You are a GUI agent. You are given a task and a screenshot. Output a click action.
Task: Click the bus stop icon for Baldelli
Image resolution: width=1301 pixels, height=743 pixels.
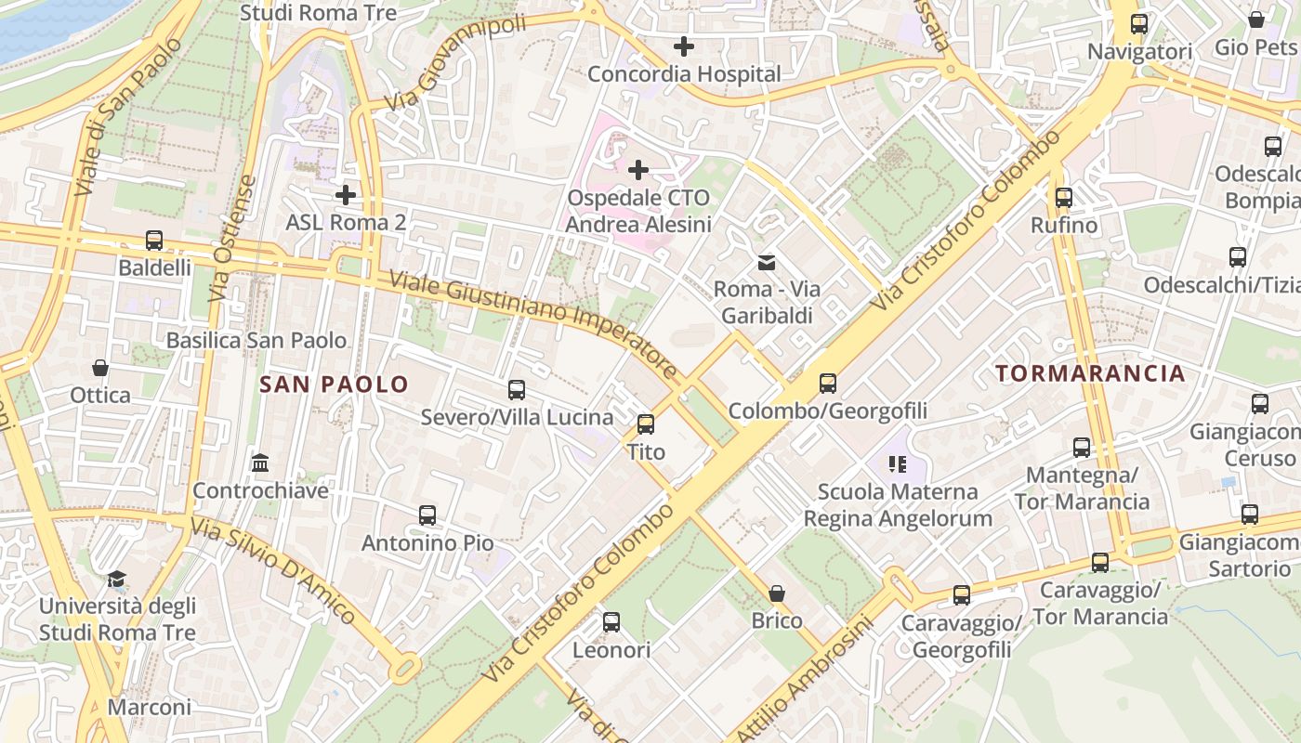tap(154, 241)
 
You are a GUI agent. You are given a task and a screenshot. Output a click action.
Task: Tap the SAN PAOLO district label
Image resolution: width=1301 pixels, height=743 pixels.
tap(334, 385)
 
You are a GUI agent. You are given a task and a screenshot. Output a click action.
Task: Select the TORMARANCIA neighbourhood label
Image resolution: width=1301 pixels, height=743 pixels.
tap(1090, 373)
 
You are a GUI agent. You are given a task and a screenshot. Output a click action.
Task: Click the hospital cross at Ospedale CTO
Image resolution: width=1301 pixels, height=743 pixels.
tap(638, 170)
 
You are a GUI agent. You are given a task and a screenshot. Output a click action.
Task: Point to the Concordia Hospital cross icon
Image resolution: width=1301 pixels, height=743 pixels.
tap(684, 46)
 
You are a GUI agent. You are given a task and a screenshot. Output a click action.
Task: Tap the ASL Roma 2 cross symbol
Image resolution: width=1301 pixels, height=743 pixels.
tap(346, 195)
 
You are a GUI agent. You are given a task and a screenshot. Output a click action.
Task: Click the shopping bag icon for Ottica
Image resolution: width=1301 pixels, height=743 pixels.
tap(100, 368)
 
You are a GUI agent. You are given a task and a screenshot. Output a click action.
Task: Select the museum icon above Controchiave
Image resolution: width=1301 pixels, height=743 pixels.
tap(260, 463)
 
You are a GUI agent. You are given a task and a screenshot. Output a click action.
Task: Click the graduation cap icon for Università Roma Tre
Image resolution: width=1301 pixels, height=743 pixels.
tap(116, 580)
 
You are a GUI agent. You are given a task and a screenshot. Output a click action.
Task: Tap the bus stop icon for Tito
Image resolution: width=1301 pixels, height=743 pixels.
tap(646, 424)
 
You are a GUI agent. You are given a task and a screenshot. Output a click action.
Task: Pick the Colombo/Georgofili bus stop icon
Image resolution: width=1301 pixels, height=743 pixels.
tap(828, 383)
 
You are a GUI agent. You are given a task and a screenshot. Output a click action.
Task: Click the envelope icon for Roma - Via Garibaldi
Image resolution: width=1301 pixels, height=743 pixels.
tap(767, 263)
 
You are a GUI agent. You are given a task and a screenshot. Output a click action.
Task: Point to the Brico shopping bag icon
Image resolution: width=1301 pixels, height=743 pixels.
tap(777, 593)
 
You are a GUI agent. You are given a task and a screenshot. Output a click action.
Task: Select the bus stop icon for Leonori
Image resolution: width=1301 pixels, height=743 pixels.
tap(611, 622)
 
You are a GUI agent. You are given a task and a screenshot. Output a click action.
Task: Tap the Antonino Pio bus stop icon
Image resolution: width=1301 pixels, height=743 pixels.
tap(427, 515)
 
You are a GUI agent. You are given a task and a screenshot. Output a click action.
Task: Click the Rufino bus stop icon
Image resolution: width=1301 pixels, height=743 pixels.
tap(1064, 198)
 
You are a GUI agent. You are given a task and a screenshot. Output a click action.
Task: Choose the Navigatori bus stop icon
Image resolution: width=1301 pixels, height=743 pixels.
tap(1139, 24)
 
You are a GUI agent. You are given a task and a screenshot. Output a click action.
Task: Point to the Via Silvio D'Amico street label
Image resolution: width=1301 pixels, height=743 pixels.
tap(273, 572)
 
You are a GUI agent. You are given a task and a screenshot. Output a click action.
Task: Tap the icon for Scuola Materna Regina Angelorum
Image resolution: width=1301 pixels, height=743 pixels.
tap(898, 463)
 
